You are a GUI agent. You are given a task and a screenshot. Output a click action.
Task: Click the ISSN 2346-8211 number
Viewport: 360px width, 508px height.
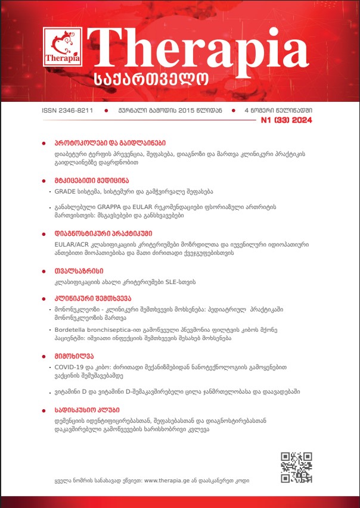tap(67, 111)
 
